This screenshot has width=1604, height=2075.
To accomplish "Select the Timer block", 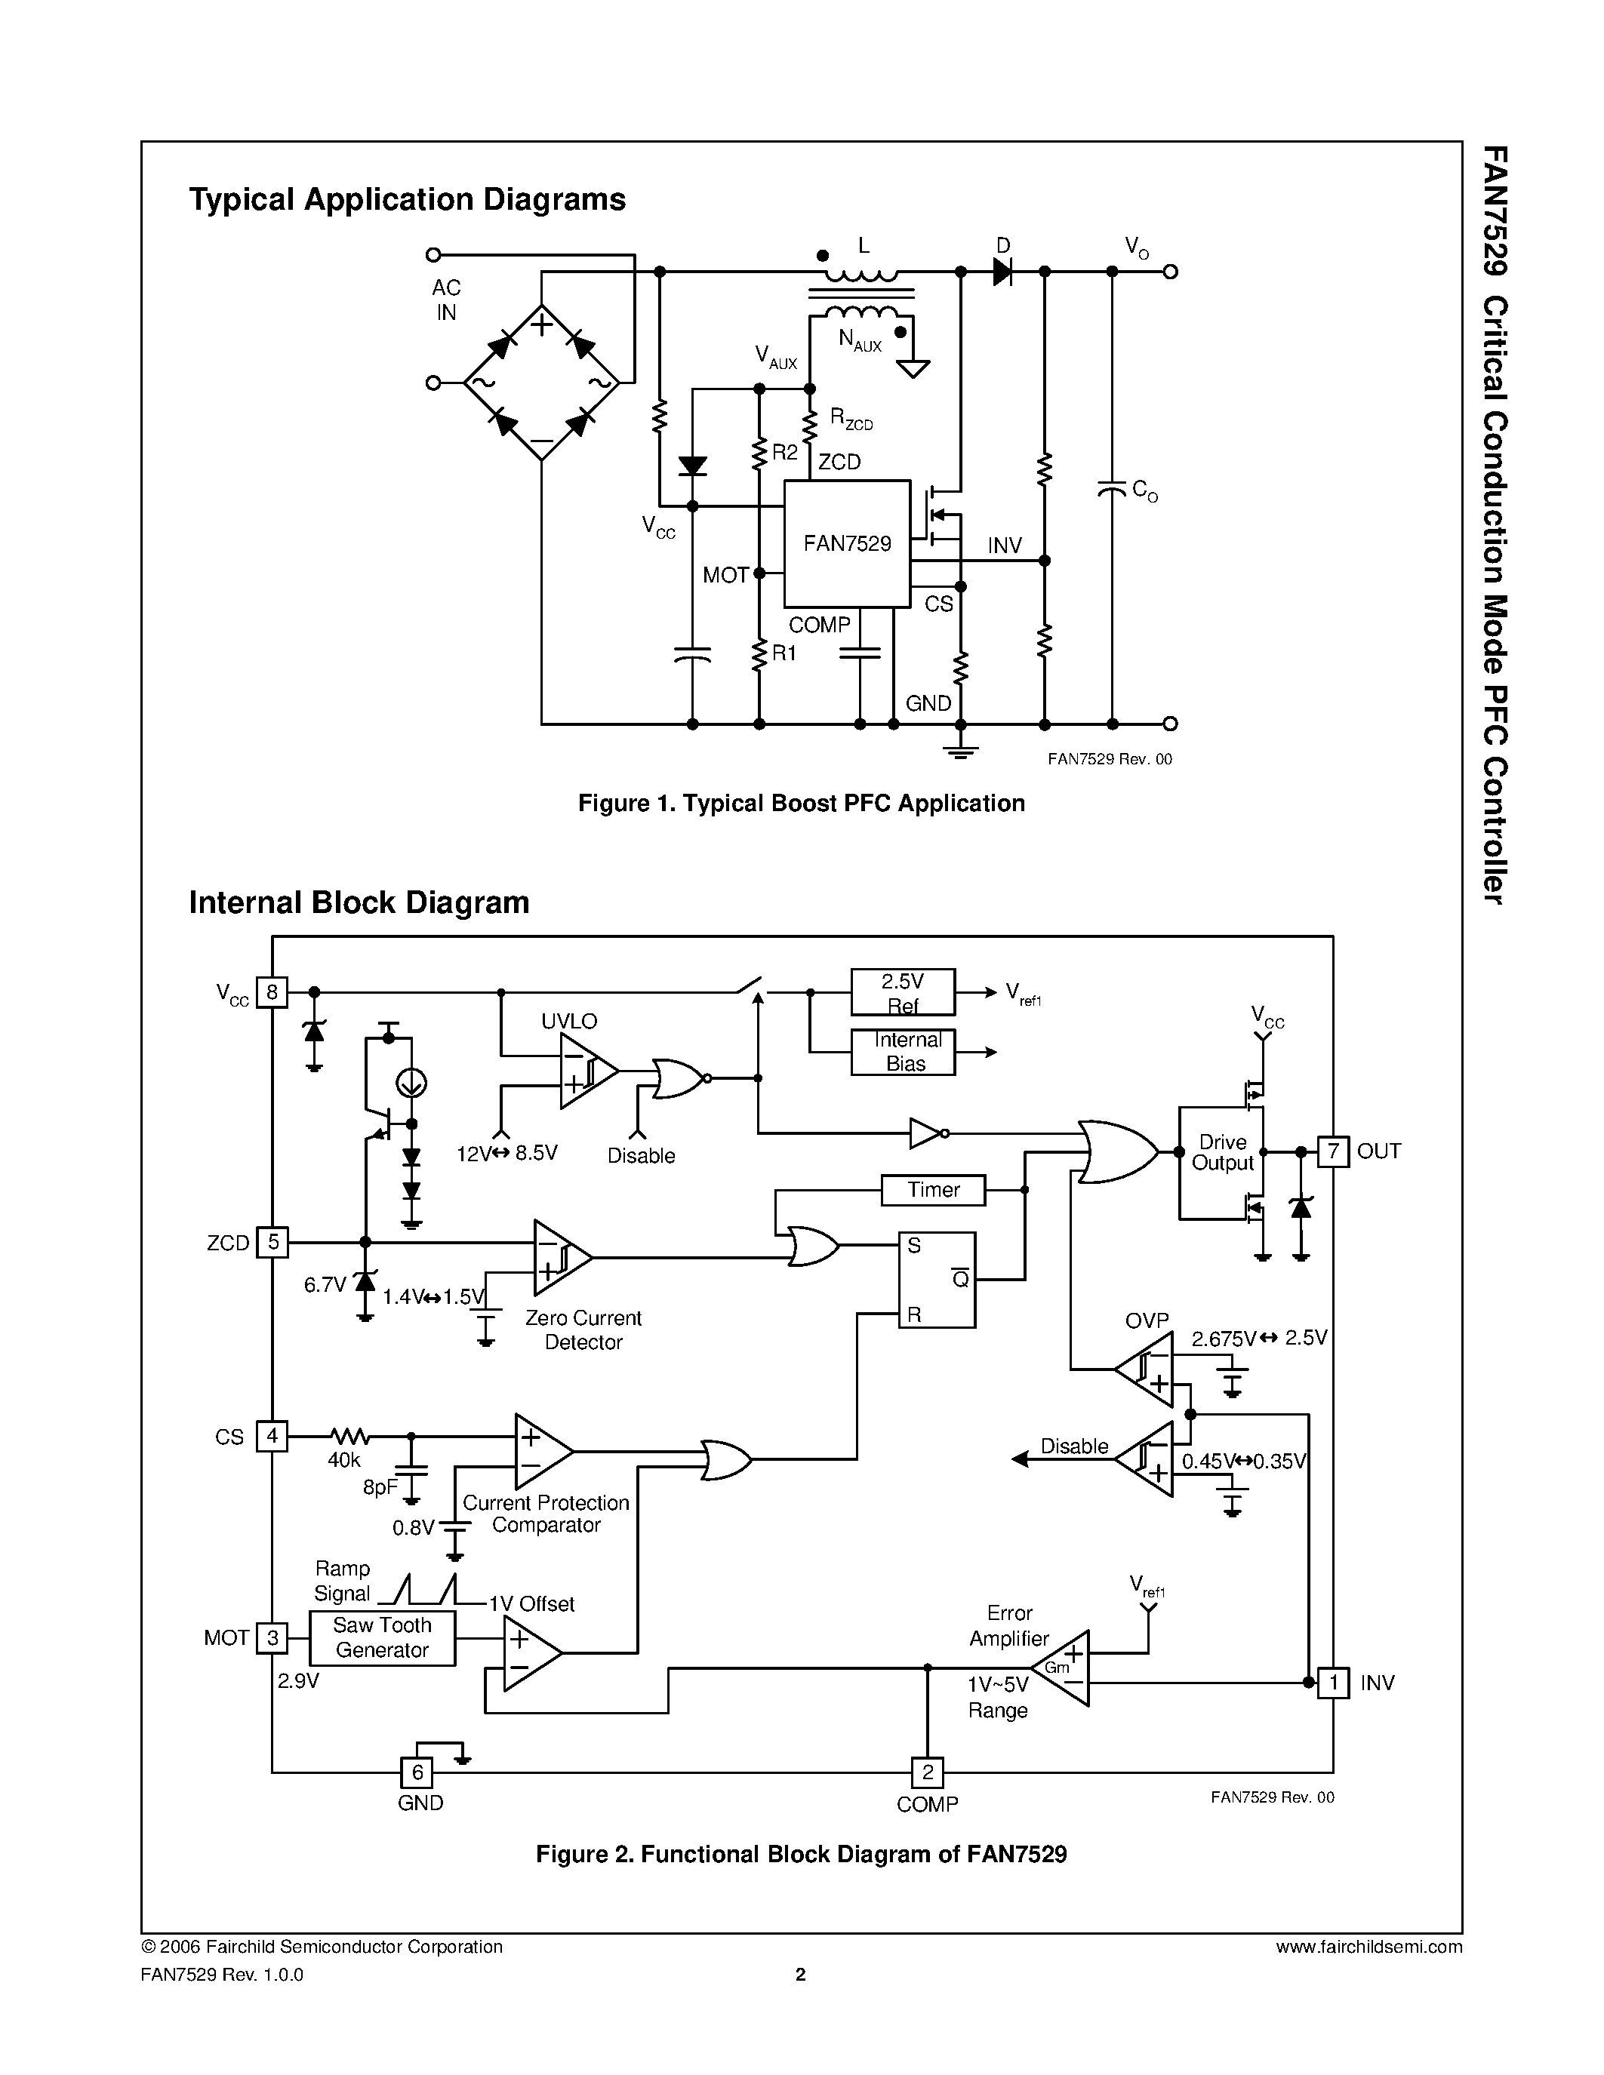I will click(932, 1189).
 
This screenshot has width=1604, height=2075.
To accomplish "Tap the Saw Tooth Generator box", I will click(382, 1637).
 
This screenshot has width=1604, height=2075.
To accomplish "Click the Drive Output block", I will click(1222, 1152).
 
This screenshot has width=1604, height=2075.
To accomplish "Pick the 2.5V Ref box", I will click(902, 993).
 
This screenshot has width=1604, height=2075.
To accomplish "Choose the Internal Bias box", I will click(902, 1052).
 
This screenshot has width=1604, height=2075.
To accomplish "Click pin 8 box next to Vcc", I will click(272, 993).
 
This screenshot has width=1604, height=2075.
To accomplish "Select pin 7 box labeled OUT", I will click(1332, 1151).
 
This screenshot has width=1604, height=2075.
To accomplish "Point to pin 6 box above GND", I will click(416, 1772).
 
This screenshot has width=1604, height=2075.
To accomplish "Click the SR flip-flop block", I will click(937, 1280).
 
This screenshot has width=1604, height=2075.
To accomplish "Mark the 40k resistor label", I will click(344, 1460).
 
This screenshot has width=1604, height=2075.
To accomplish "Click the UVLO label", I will click(568, 1022).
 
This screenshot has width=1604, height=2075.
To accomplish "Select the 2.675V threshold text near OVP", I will click(1224, 1339).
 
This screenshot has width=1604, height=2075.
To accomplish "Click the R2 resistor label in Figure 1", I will click(785, 452).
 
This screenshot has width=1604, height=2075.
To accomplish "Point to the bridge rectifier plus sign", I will click(542, 325).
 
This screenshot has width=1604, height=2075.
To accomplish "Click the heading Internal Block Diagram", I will click(359, 902).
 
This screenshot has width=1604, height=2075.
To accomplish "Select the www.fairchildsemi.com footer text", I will click(1368, 1947).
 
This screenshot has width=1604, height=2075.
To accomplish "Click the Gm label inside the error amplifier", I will click(1057, 1668).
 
